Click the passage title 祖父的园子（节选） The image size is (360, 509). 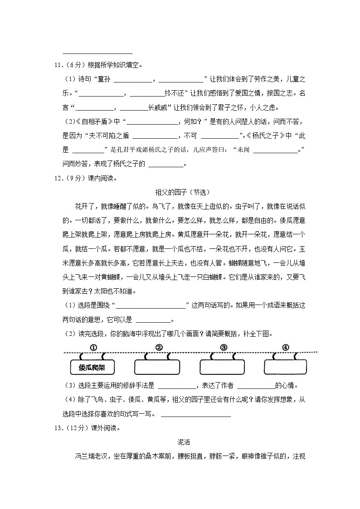tap(180, 192)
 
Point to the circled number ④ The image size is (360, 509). tap(285, 348)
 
